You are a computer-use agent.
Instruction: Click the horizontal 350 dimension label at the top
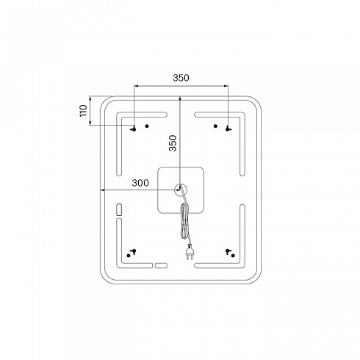coord(181,78)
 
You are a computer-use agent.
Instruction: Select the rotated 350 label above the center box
coord(173,143)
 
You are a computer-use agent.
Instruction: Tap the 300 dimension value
coord(140,183)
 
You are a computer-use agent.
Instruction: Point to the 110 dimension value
coord(84,111)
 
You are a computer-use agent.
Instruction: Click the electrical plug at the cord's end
coord(189,252)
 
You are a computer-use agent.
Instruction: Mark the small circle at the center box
coord(181,190)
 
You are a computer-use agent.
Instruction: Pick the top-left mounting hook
coord(134,129)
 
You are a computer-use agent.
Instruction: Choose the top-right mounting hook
coord(228,129)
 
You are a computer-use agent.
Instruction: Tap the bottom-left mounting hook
coord(134,251)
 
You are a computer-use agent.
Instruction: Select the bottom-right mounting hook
coord(228,251)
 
